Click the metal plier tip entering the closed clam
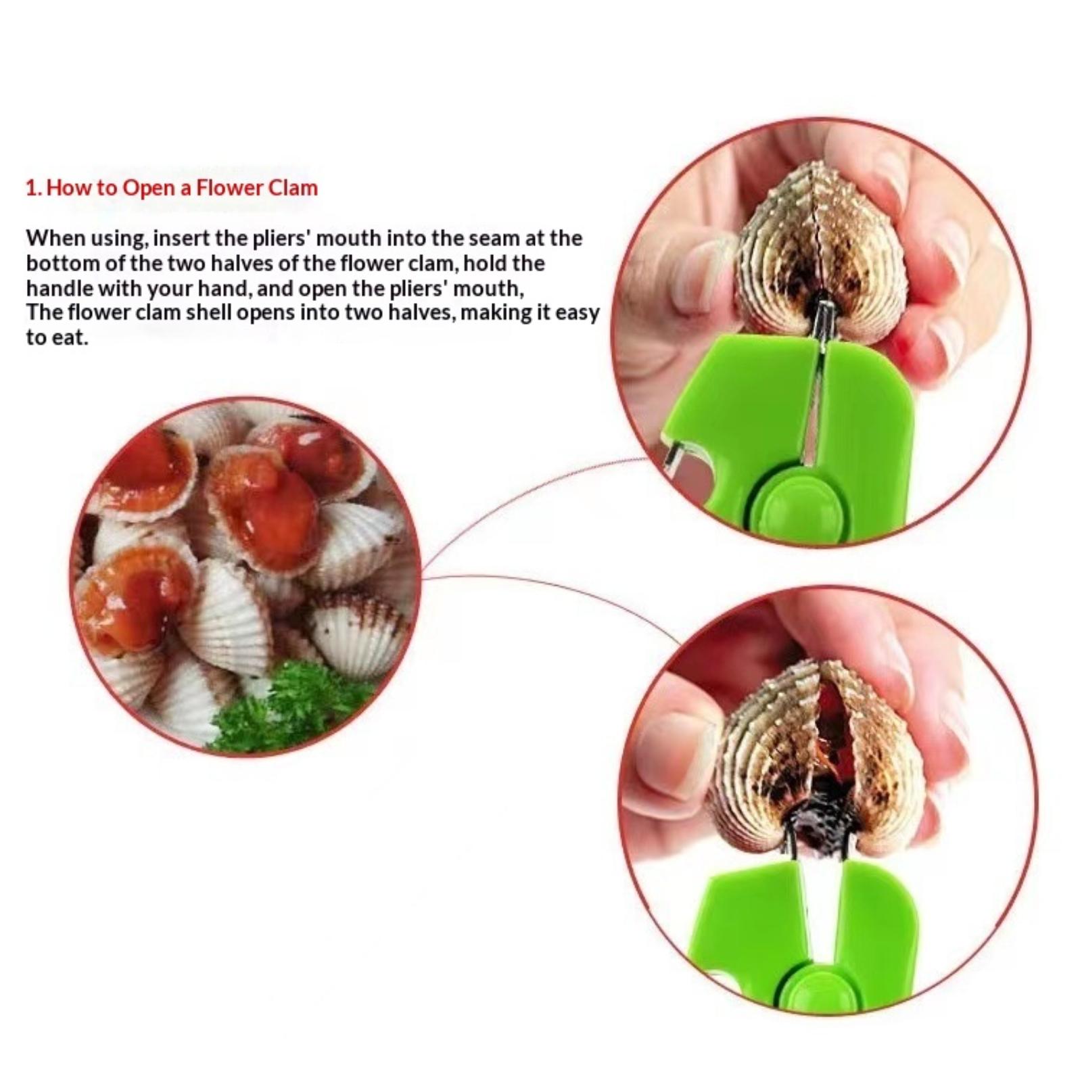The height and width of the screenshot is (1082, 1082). point(825,318)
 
